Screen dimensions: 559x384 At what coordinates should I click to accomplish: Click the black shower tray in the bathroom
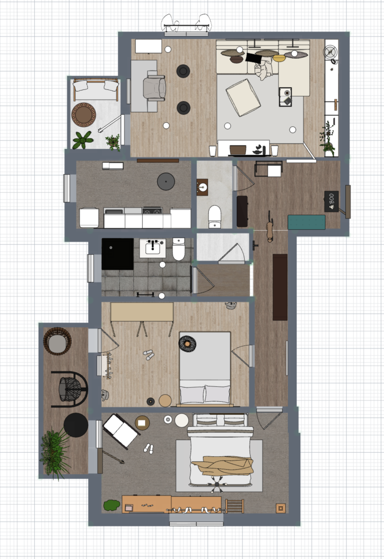point(117,254)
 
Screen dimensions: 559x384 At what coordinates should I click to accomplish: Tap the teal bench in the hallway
point(307,222)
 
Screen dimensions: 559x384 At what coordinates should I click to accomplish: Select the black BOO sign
point(332,201)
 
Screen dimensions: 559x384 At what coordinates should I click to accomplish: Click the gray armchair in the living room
point(154,87)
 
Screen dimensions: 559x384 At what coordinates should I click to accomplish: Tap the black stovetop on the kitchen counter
point(152,211)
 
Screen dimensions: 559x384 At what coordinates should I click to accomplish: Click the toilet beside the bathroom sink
point(179,249)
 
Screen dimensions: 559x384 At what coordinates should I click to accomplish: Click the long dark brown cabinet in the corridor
point(280,287)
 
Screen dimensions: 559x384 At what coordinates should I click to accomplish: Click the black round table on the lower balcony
point(76,425)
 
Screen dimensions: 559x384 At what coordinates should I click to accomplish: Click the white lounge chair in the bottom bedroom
point(120,431)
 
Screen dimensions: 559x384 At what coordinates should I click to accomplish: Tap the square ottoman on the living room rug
point(244,97)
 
